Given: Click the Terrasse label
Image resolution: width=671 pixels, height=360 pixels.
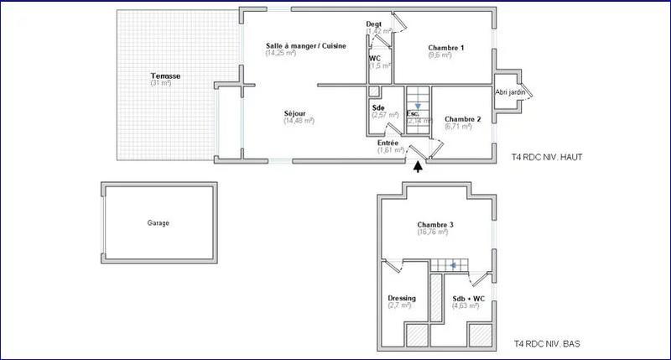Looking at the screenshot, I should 165,76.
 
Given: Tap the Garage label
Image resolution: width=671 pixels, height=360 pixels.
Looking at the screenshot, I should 159,223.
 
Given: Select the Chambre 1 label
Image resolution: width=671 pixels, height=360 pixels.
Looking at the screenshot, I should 445,48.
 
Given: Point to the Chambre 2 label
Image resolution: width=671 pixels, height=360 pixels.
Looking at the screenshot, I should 462,119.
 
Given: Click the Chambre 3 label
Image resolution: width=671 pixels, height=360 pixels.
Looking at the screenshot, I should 435,225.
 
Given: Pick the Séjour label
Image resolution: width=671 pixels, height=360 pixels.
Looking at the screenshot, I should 294,112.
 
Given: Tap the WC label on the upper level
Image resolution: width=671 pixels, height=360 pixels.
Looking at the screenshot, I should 375,58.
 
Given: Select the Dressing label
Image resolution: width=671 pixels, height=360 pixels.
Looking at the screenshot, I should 402,298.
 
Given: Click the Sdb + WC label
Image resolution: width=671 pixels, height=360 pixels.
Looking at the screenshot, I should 468,298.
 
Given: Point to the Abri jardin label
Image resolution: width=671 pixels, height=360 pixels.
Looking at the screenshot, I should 511,92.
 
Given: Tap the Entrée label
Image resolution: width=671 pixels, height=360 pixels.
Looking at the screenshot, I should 388,143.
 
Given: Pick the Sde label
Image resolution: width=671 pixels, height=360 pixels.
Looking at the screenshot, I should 378,107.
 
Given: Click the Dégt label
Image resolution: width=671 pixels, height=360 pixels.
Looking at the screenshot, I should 375,23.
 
